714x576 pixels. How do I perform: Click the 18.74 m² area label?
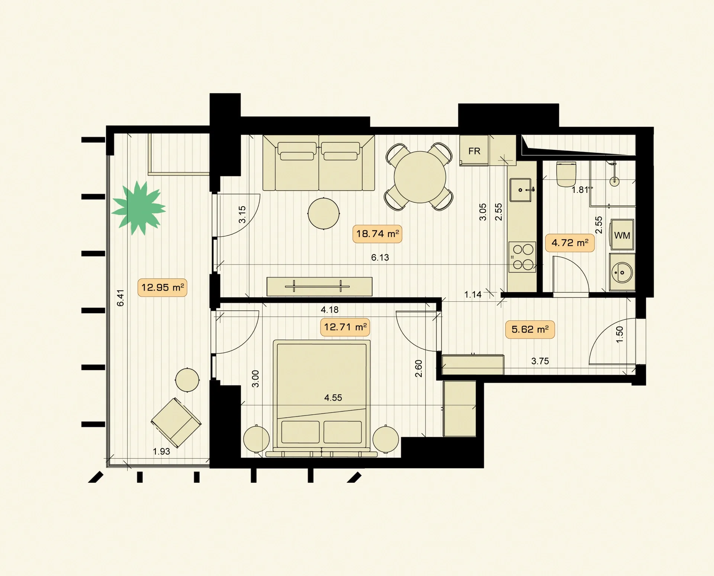377,234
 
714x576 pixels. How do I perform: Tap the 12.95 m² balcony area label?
163,287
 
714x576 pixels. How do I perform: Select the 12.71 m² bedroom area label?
345,327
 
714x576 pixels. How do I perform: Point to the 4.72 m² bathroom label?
570,243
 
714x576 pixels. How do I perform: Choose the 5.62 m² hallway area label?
530,329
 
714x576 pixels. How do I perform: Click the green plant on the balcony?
139,208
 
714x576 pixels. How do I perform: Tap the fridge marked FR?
474,151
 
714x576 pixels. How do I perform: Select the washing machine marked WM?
622,235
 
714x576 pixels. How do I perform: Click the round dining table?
420,177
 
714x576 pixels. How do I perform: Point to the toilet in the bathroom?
566,174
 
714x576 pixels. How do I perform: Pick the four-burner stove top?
522,257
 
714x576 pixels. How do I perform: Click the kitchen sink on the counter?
521,190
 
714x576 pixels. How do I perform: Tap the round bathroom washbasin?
622,272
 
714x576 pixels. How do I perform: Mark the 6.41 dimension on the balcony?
120,298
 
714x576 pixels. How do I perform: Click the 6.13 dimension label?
380,257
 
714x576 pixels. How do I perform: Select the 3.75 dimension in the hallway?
540,361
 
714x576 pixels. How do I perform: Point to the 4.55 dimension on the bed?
333,398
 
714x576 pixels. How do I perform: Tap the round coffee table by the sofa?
324,214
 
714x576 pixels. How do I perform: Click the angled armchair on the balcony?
176,423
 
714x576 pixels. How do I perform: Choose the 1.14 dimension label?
473,295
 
